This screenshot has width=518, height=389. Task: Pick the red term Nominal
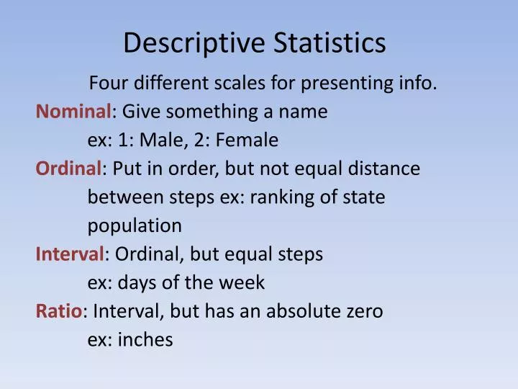(x=73, y=112)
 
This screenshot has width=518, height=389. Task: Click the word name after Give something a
(x=306, y=112)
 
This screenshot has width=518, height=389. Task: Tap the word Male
(x=161, y=140)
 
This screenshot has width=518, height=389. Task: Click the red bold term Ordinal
(x=69, y=169)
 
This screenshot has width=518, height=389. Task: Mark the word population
(x=135, y=226)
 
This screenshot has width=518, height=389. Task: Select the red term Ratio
(x=59, y=311)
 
